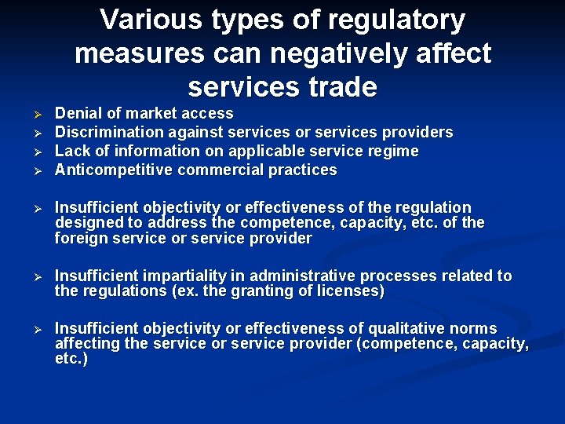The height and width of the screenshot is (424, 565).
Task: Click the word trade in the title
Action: (338, 87)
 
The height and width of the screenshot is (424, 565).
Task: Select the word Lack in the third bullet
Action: (71, 151)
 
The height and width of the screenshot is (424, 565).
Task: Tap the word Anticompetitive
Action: (114, 170)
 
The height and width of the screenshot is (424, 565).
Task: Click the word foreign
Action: (82, 239)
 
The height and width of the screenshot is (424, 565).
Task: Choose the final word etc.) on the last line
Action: (71, 359)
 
